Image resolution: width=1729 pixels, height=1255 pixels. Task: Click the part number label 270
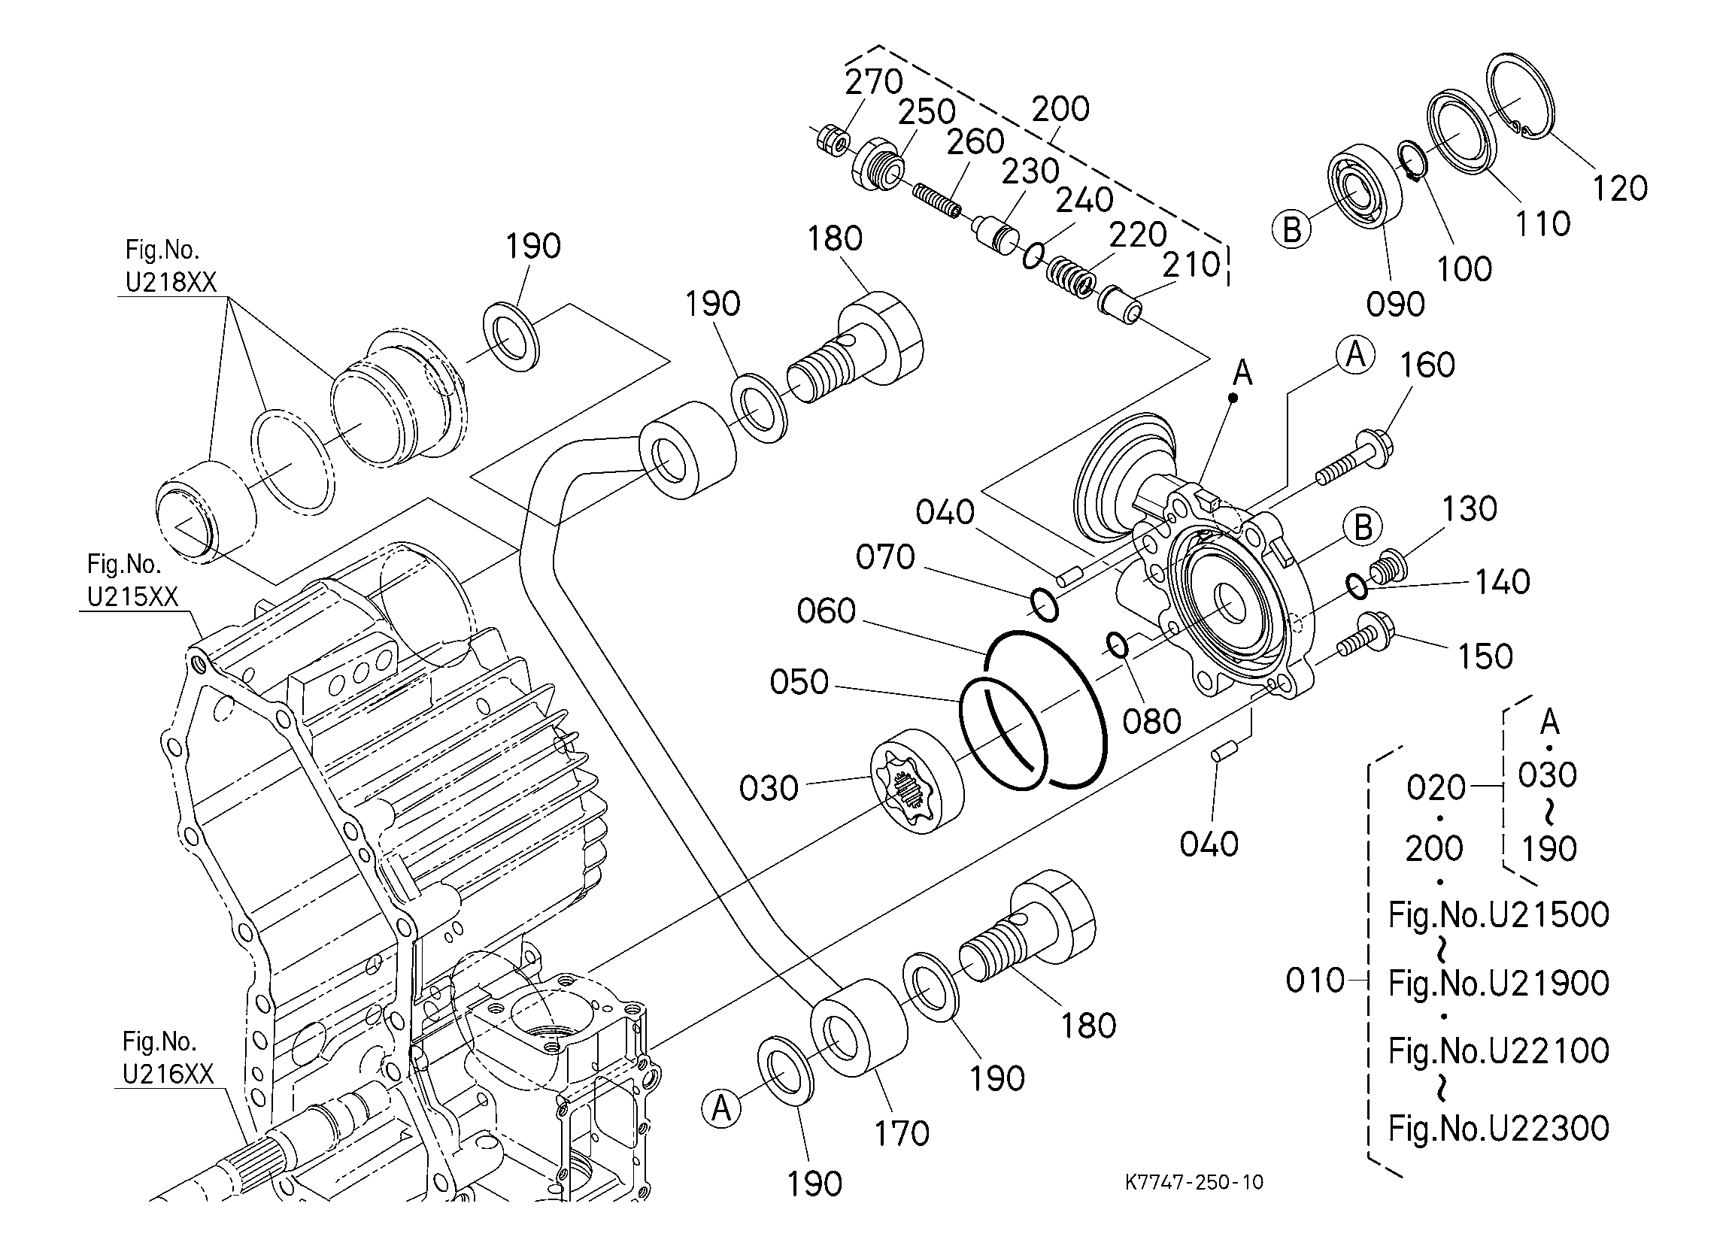(x=874, y=81)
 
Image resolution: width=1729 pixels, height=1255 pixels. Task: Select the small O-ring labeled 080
(x=1118, y=645)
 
